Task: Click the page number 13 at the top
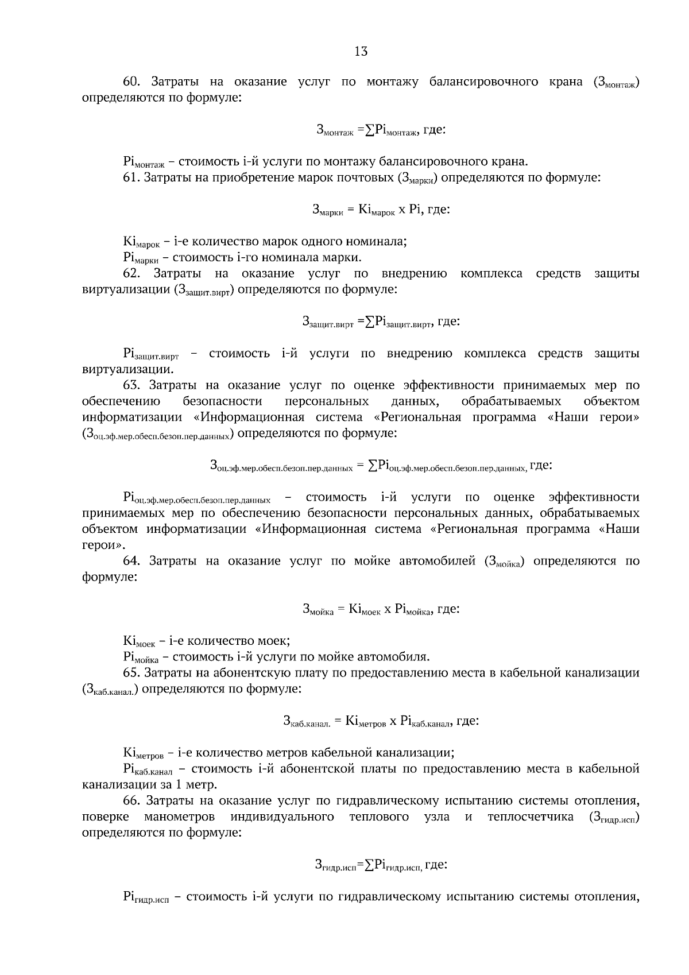(361, 51)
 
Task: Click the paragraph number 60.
(132, 82)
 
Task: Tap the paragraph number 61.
(132, 177)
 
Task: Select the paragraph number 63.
(132, 385)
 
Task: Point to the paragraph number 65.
(132, 672)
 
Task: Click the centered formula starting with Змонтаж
(381, 130)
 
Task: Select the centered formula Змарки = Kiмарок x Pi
(381, 210)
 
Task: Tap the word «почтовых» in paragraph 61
(366, 177)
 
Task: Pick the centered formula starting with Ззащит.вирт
(381, 322)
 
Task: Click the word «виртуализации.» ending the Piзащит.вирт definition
(127, 369)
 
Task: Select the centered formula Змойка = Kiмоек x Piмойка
(381, 609)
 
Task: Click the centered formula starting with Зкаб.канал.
(381, 721)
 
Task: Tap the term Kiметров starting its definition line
(143, 753)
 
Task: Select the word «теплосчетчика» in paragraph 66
(530, 817)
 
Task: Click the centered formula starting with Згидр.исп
(381, 865)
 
